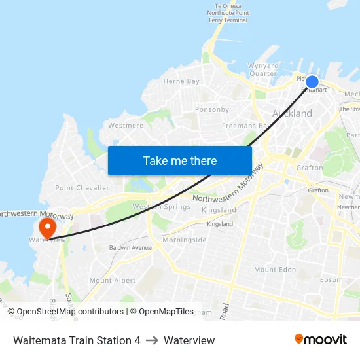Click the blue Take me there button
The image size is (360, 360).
[x=180, y=160]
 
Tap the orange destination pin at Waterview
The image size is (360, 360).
[x=48, y=227]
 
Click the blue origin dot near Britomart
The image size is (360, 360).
[x=312, y=82]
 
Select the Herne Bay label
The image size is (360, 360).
[x=181, y=81]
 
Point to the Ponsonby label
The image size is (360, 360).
[x=212, y=109]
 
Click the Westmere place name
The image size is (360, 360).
[x=126, y=125]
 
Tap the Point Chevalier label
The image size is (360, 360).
[x=82, y=188]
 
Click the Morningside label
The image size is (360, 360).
[x=185, y=240]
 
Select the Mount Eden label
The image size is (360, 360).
[x=275, y=270]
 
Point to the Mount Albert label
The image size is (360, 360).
[x=113, y=280]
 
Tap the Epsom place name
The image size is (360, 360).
[x=331, y=280]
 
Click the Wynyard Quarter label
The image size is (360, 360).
[x=263, y=69]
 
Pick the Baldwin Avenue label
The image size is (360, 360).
[x=130, y=248]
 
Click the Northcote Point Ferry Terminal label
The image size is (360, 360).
[x=228, y=13]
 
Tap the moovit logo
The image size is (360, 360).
[x=321, y=340]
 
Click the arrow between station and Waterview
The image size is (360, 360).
[x=152, y=340]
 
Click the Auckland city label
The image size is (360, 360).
[x=292, y=113]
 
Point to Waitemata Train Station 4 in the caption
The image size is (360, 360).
[x=77, y=340]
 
